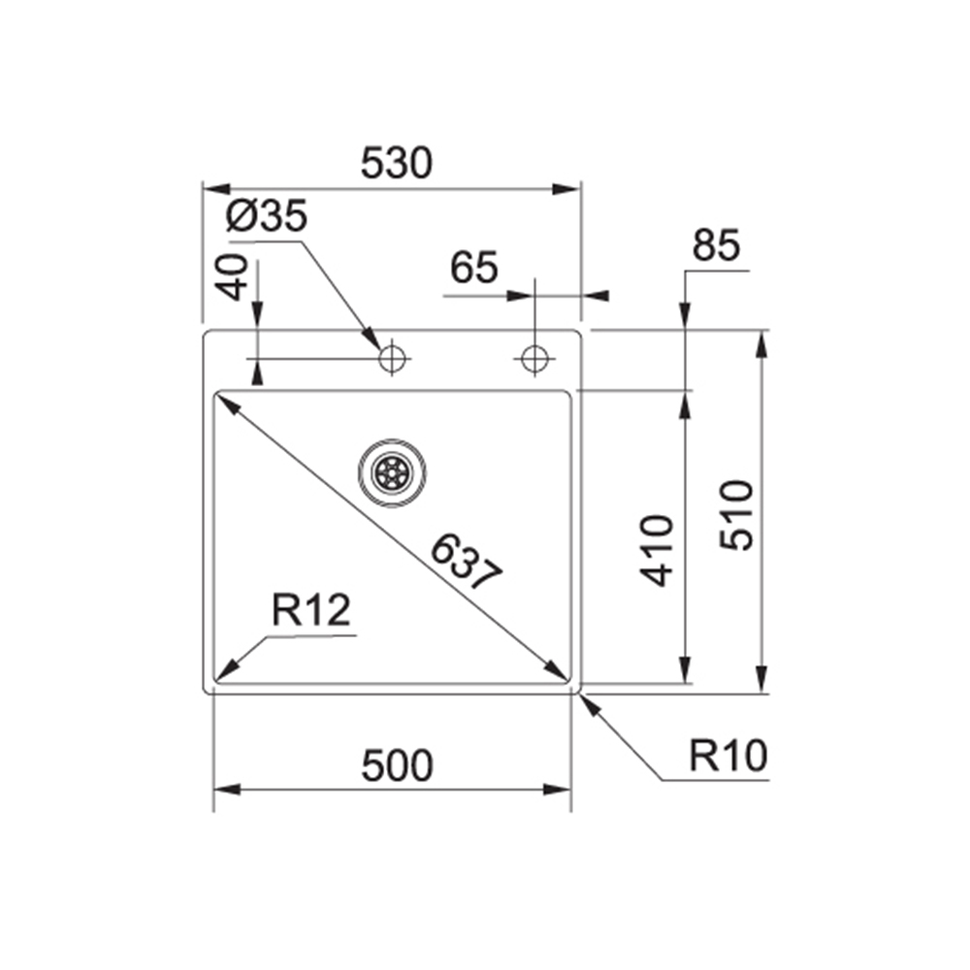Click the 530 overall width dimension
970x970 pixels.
(397, 163)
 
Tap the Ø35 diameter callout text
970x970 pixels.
(267, 216)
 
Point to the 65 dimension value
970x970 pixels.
(474, 268)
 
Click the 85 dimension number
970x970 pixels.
(716, 244)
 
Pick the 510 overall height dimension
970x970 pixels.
(737, 515)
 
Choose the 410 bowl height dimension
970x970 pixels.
(657, 550)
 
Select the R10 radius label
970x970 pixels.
(728, 756)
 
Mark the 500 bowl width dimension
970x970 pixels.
(397, 765)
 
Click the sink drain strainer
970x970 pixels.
(392, 473)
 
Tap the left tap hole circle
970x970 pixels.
(392, 358)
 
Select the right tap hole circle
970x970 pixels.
(534, 358)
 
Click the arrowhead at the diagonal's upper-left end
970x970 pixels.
(225, 404)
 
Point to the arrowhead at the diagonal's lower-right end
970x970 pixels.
(557, 670)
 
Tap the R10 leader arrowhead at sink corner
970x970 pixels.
(590, 705)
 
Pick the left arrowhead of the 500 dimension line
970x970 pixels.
(226, 790)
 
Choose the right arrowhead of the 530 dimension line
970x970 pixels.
(566, 189)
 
